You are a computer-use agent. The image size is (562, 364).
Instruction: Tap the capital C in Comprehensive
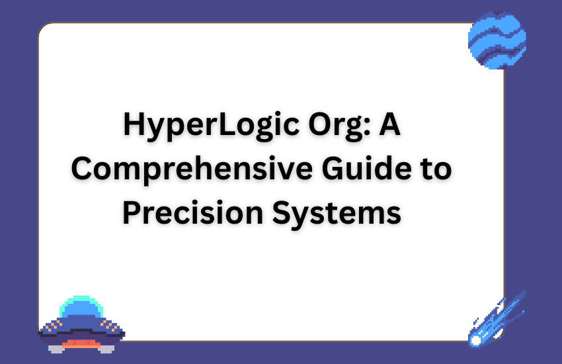(x=83, y=169)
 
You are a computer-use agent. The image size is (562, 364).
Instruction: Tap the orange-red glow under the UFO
(x=81, y=343)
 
